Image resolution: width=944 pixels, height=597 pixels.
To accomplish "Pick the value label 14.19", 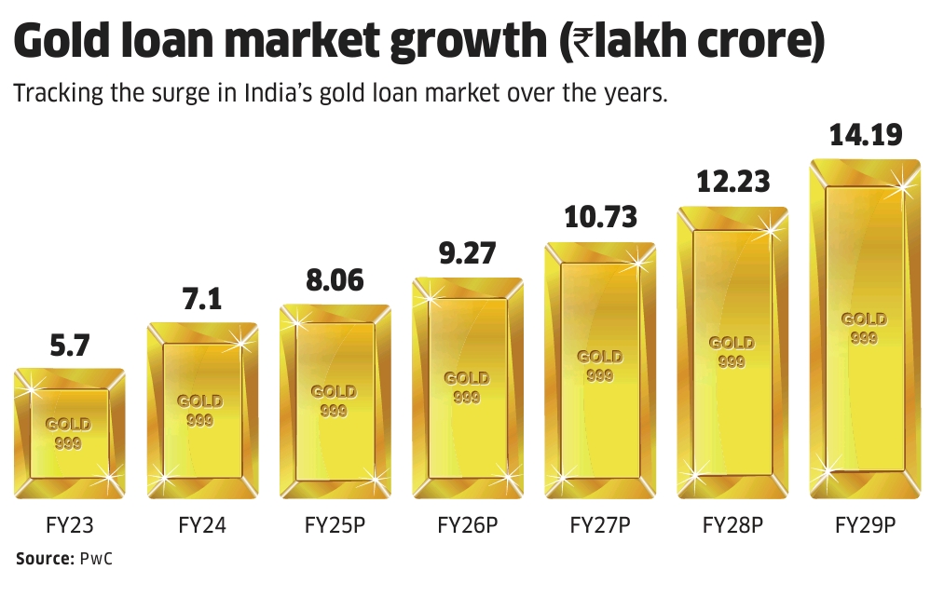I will [866, 135].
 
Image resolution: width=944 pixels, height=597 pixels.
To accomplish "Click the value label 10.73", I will [600, 217].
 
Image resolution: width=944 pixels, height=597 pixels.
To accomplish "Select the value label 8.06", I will [334, 280].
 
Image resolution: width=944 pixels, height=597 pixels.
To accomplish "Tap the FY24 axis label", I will [202, 524].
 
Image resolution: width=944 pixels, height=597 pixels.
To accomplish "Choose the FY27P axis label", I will [600, 524].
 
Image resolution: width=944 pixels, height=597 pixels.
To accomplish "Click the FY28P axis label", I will [732, 524].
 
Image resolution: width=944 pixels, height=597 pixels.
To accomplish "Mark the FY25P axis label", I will [335, 524].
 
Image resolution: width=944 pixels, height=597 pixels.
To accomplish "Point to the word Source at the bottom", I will [43, 559].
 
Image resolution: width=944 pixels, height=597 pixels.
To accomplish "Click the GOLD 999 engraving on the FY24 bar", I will [199, 410].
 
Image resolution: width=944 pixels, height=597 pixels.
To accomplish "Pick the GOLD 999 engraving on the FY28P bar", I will [732, 351].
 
